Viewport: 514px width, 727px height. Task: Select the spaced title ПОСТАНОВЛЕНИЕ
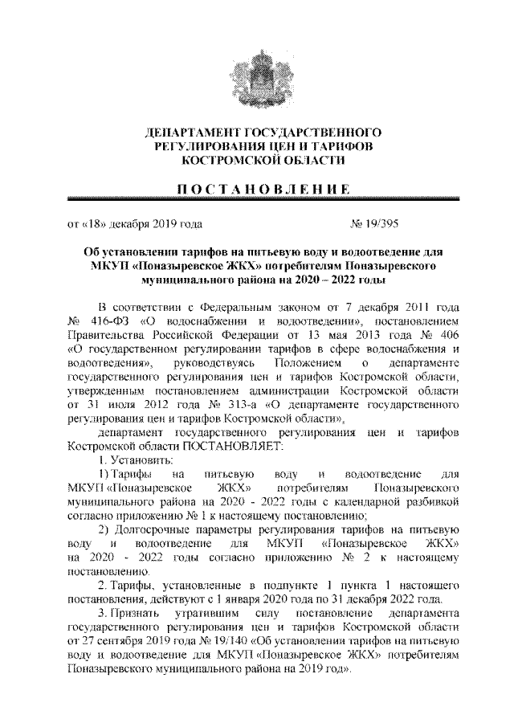click(x=257, y=190)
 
